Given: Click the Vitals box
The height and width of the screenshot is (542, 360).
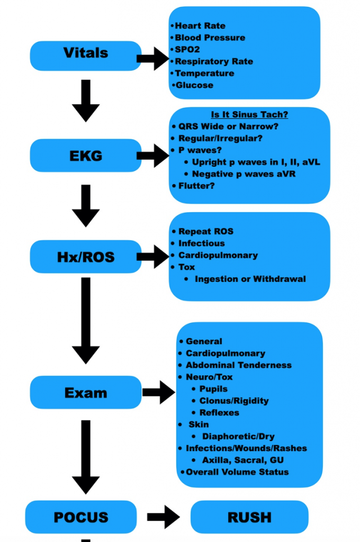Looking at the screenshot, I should coord(86,53).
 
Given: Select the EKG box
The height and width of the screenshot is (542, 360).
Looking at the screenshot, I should coord(86,156).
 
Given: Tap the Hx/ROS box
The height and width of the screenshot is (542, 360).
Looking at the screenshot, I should coord(86,257).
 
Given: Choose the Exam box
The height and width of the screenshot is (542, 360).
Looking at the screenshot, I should coord(86,393).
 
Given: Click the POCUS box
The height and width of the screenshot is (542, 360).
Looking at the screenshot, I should coord(81,517).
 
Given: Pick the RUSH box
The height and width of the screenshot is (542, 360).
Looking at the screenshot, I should coord(249,517).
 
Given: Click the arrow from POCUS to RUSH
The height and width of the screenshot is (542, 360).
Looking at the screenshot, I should coord(164,517).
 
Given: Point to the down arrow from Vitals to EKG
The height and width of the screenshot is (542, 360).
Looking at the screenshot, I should coord(86,101).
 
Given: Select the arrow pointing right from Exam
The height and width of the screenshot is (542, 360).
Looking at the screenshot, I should coord(158,393).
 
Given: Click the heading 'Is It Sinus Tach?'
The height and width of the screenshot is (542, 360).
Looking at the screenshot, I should coord(249,115).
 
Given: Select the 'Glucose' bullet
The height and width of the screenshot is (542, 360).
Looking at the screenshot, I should coord(194,85).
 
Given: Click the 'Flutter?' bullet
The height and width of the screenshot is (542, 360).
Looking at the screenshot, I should coord(196,186).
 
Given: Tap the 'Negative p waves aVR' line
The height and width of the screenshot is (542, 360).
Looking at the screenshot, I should coord(244,174).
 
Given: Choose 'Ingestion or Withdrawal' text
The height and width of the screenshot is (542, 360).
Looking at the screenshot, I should coord(250,279).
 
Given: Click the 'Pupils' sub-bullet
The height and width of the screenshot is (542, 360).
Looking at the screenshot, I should coord(213,389).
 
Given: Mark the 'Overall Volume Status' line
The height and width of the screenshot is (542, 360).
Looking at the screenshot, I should coord(237,472).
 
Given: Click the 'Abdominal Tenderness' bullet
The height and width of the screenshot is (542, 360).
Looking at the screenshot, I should coord(238,365).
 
